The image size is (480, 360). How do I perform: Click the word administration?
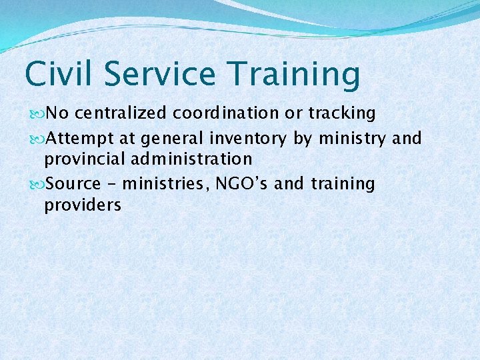[x=193, y=159]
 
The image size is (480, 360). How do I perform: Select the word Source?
[x=73, y=183]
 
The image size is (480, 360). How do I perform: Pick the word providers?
[x=83, y=205]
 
